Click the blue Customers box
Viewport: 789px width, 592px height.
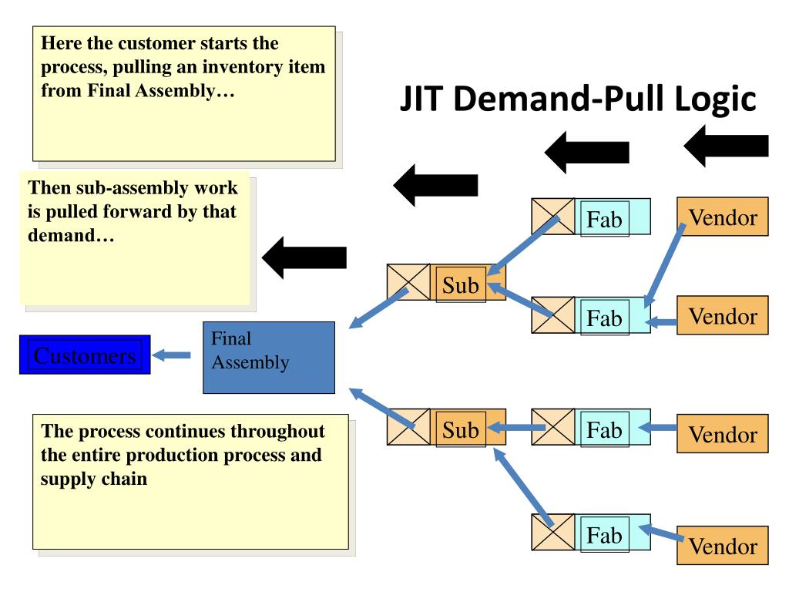[x=85, y=355]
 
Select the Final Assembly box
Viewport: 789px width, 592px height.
[x=269, y=358]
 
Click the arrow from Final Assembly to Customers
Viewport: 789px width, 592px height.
[x=172, y=355]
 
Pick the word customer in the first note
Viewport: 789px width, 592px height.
[x=157, y=43]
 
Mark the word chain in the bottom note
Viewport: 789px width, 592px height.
[x=124, y=479]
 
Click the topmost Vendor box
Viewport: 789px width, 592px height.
[x=723, y=217]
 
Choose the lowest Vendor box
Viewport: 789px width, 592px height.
[x=723, y=546]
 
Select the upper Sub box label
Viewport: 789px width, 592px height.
[x=461, y=285]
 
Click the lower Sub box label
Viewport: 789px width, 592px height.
[x=461, y=429]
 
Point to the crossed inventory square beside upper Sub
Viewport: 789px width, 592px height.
[x=408, y=282]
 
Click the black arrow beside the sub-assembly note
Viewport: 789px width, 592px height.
[x=304, y=257]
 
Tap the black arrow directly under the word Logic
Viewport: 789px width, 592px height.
[x=726, y=146]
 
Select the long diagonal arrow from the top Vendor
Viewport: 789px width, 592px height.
[x=665, y=265]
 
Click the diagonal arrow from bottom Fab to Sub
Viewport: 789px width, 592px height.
[x=523, y=487]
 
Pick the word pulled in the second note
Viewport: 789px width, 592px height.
[x=75, y=212]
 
